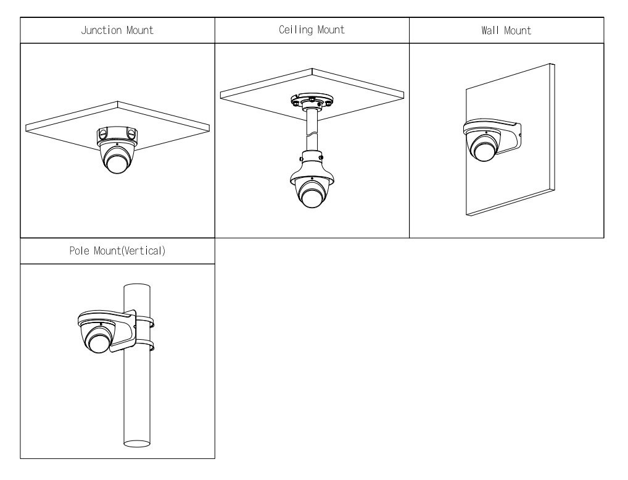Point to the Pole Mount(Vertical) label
point(117,253)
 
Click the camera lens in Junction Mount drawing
point(117,161)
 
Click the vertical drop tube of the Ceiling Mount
point(312,130)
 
